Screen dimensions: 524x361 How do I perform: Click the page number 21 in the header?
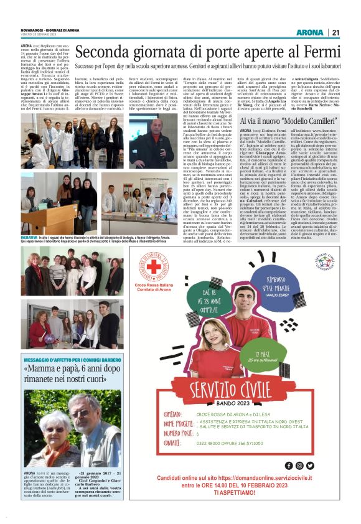tap(335, 32)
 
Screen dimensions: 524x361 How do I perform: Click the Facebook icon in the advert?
tap(288, 466)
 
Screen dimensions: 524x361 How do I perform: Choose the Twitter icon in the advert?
tap(310, 466)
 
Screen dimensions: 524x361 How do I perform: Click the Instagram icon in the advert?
tap(299, 466)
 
